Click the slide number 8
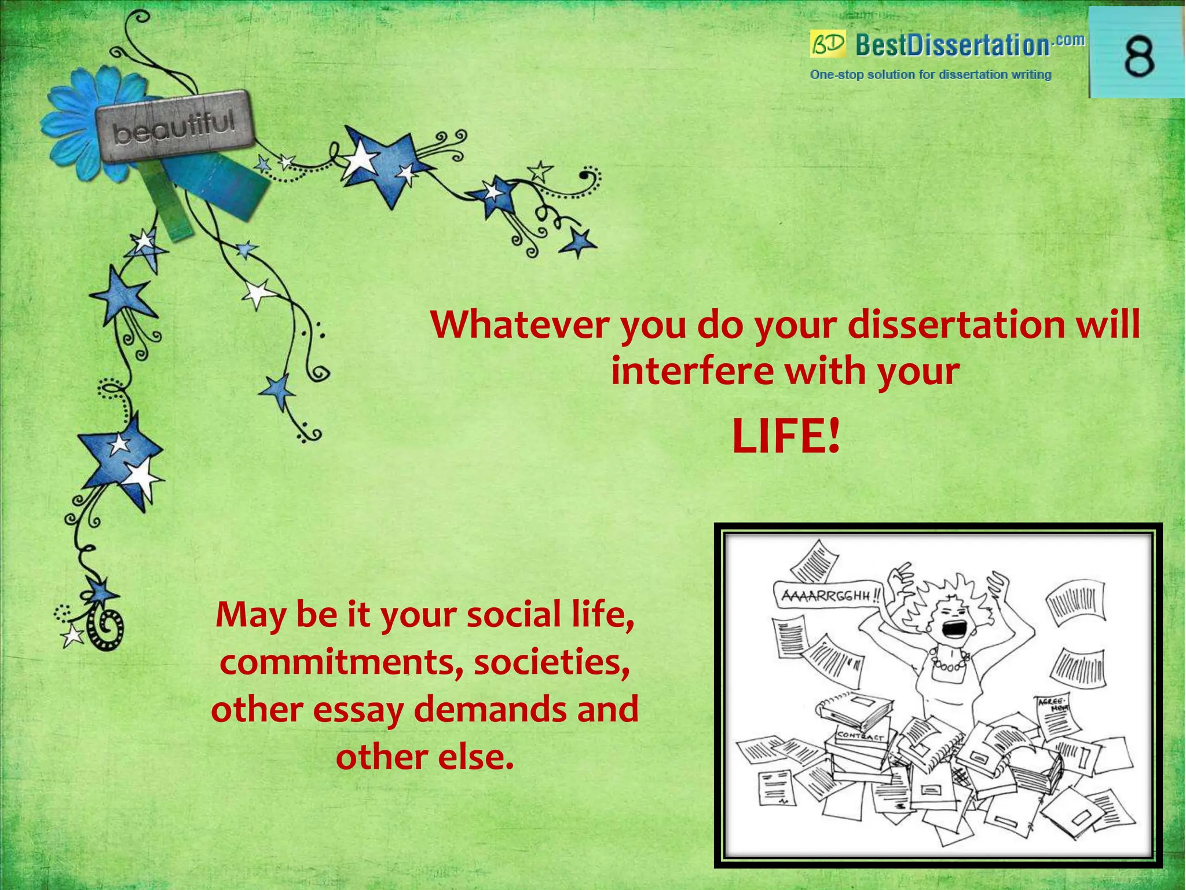pos(1139,57)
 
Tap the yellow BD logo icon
pos(828,44)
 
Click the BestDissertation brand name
pos(952,45)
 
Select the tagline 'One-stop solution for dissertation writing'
pos(931,75)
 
